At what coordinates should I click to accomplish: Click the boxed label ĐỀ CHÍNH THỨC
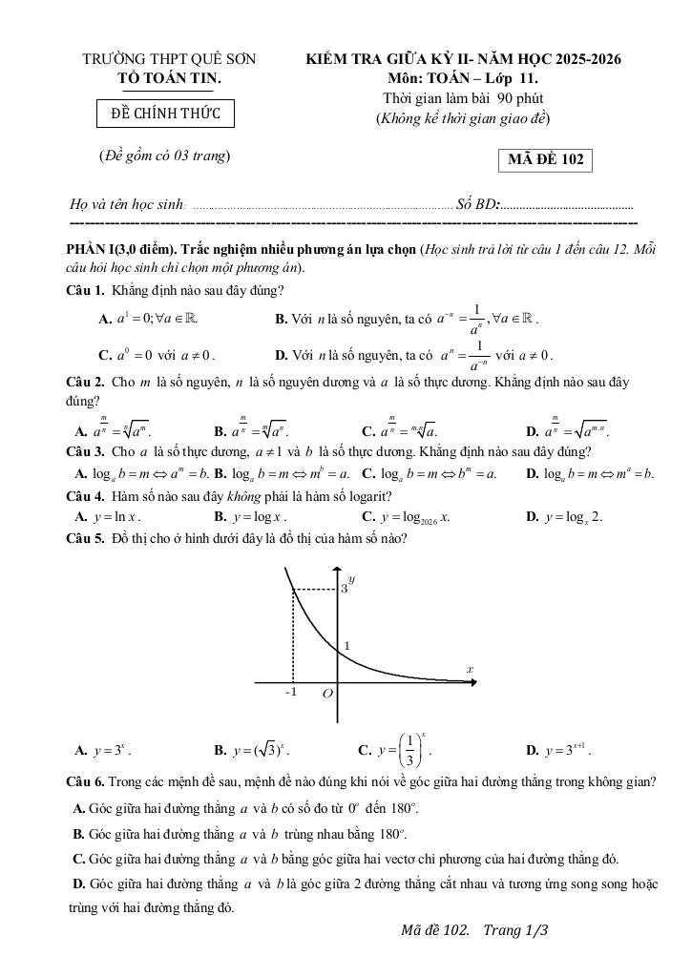[166, 114]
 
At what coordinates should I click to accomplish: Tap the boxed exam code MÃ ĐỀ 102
[545, 159]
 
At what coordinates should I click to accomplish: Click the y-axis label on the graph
[352, 579]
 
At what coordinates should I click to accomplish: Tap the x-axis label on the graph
[469, 670]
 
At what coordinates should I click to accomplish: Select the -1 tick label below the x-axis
[291, 693]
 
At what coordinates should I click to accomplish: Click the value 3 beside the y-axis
[345, 590]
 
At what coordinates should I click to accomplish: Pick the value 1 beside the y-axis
[346, 646]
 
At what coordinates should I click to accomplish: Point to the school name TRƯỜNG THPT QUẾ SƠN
[169, 59]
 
